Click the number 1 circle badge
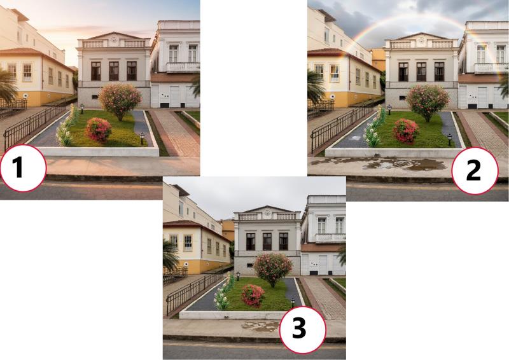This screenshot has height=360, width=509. (23, 168)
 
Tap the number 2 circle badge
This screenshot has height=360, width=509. (474, 170)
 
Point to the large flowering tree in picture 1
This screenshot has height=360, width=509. (120, 101)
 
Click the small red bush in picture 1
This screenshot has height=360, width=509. (99, 130)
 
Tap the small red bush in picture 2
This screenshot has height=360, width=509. (406, 131)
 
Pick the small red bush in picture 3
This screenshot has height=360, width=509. (253, 295)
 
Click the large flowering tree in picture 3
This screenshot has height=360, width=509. (273, 270)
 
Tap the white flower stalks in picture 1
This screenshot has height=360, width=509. (67, 126)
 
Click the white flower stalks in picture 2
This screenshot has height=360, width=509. (374, 127)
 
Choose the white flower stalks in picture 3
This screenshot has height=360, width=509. (224, 292)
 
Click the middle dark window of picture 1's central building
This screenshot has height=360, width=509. (114, 71)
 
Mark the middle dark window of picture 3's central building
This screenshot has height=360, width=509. (267, 241)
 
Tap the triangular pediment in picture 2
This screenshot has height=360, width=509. (421, 36)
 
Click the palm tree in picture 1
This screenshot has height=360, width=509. (7, 86)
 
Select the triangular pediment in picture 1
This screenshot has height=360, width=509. (114, 36)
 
